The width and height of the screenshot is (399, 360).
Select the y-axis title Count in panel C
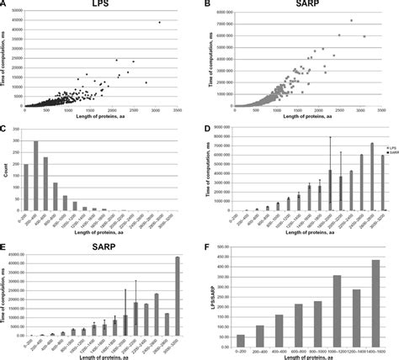click(5, 173)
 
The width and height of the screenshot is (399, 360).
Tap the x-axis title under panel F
click(306, 356)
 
